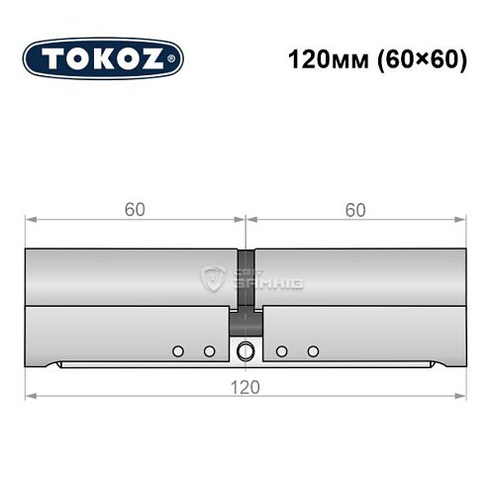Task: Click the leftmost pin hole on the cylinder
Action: click(177, 350)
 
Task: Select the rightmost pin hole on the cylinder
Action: click(314, 350)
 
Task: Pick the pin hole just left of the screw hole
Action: click(209, 350)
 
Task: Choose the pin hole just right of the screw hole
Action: click(282, 350)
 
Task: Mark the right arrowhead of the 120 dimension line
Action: click(460, 396)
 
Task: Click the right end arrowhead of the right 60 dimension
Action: click(460, 219)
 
